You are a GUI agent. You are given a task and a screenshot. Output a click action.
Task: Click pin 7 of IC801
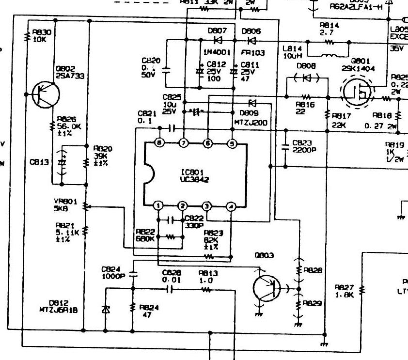point(183,143)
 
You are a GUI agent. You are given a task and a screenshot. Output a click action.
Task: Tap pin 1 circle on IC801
point(159,206)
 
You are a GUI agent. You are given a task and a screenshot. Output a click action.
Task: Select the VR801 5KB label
point(63,204)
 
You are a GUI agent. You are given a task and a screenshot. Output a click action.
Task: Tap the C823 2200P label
point(303,146)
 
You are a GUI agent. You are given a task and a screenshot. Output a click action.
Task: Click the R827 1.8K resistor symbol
point(361,290)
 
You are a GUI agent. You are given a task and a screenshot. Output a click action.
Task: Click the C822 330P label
point(194,221)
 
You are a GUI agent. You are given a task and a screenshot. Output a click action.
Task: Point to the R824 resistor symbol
point(133,308)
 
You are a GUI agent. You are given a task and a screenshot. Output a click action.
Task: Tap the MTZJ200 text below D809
point(251,123)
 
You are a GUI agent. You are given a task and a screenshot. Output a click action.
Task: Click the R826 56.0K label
point(67,125)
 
